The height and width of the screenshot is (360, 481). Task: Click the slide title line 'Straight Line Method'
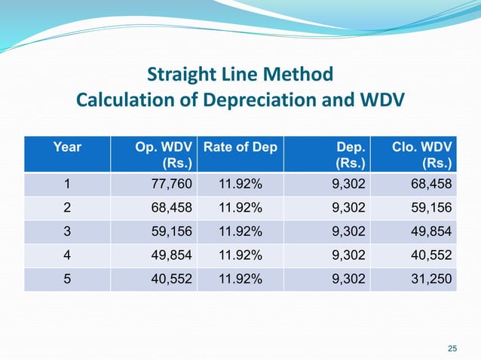pos(240,75)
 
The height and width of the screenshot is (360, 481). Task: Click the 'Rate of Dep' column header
pos(240,147)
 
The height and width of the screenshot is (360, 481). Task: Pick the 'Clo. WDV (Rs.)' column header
pos(422,154)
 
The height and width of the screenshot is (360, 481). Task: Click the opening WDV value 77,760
pos(173,185)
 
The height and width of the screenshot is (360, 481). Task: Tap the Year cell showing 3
pos(67,232)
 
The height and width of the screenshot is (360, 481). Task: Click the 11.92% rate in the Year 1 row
pos(240,185)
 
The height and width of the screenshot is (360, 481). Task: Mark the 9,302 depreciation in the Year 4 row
pos(350,255)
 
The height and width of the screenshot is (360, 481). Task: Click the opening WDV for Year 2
pos(173,208)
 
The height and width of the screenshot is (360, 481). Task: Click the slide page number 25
pos(452,347)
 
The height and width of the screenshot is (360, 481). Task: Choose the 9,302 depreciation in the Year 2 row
pos(350,208)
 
